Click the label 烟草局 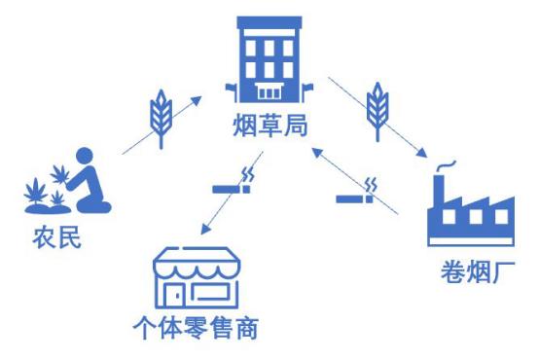click(x=269, y=126)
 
